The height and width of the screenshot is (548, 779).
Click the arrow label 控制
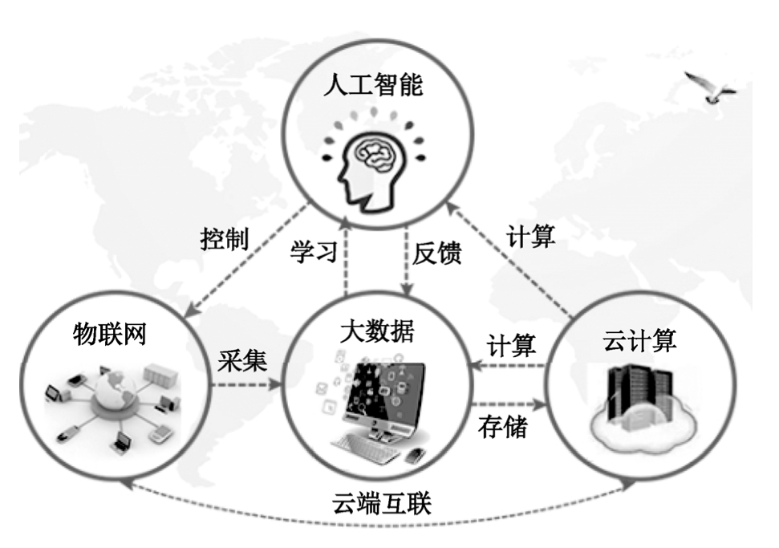[224, 239]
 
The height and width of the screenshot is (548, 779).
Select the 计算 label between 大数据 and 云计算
[512, 346]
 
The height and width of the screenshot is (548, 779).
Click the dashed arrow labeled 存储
[511, 404]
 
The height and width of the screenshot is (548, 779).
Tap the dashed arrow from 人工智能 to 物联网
[247, 259]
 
